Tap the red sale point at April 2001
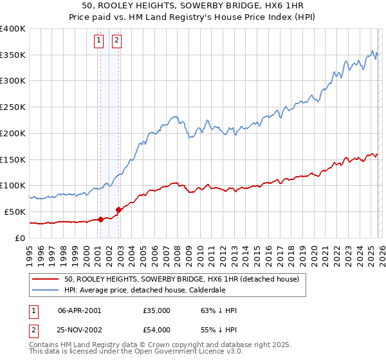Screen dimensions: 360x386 pos(100,219)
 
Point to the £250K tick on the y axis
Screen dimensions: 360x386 pos(13,107)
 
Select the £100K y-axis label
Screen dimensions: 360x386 pos(13,186)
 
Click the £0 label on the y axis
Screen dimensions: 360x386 pos(21,238)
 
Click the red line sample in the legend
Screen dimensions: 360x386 pos(46,280)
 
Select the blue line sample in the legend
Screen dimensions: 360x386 pos(46,290)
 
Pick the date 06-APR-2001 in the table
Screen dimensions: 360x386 pos(79,310)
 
